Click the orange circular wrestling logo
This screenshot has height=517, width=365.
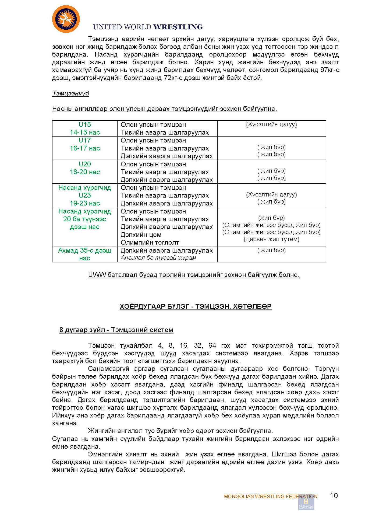click(66, 19)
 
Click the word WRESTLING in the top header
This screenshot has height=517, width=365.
click(178, 27)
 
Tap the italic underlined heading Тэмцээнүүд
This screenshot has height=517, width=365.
click(70, 93)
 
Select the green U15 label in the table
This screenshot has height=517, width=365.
click(85, 125)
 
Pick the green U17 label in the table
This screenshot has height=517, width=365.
click(85, 140)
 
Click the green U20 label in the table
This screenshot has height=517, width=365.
click(85, 164)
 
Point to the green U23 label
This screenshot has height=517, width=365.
click(85, 195)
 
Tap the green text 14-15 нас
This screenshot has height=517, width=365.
click(85, 132)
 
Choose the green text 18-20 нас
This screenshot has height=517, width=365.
click(85, 172)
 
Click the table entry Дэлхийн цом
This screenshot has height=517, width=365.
click(141, 235)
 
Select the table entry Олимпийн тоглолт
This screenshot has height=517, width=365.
click(150, 242)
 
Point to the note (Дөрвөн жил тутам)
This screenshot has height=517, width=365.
click(271, 239)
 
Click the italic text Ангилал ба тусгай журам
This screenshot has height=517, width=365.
click(158, 258)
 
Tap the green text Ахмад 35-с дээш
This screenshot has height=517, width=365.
click(85, 250)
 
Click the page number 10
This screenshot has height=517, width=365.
click(334, 496)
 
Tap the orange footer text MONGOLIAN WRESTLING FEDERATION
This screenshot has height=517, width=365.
click(270, 497)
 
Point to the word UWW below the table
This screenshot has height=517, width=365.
click(97, 275)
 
